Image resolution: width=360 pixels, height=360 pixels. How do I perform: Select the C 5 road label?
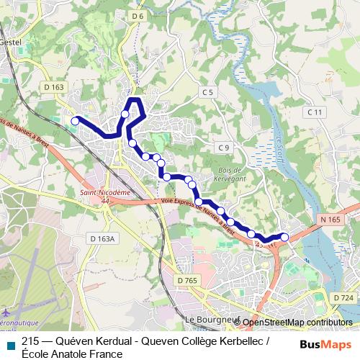point(208,92)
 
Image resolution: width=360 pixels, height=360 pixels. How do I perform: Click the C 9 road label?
point(223,148)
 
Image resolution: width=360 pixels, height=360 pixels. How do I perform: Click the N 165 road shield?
point(330,219)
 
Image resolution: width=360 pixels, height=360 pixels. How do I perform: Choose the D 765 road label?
point(186,279)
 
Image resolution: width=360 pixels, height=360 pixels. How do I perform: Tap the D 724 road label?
point(343,297)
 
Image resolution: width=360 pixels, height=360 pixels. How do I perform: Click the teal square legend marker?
point(10,343)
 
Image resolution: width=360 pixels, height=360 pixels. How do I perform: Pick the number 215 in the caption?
point(30,341)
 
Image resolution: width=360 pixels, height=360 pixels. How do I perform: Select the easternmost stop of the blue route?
point(284,237)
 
